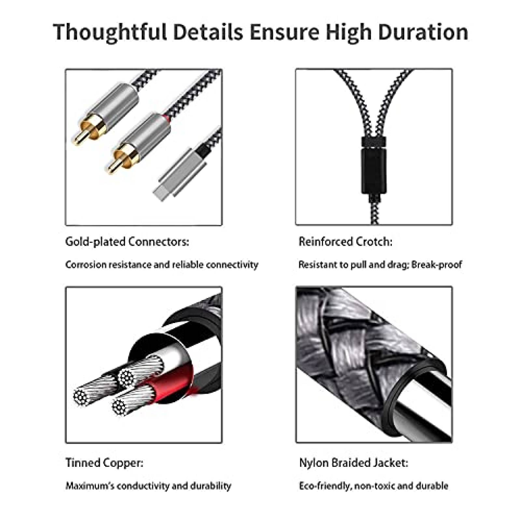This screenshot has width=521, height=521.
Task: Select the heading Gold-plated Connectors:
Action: [x=127, y=242]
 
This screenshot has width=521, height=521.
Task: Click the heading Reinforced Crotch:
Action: [x=345, y=242]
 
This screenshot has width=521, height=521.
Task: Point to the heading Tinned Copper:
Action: [x=104, y=462]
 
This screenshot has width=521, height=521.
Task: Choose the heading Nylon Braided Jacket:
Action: [x=354, y=462]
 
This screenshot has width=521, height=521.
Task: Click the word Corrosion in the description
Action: [x=86, y=264]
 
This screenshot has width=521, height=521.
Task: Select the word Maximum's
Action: [x=90, y=486]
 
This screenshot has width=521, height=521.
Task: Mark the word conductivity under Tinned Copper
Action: [x=143, y=486]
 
